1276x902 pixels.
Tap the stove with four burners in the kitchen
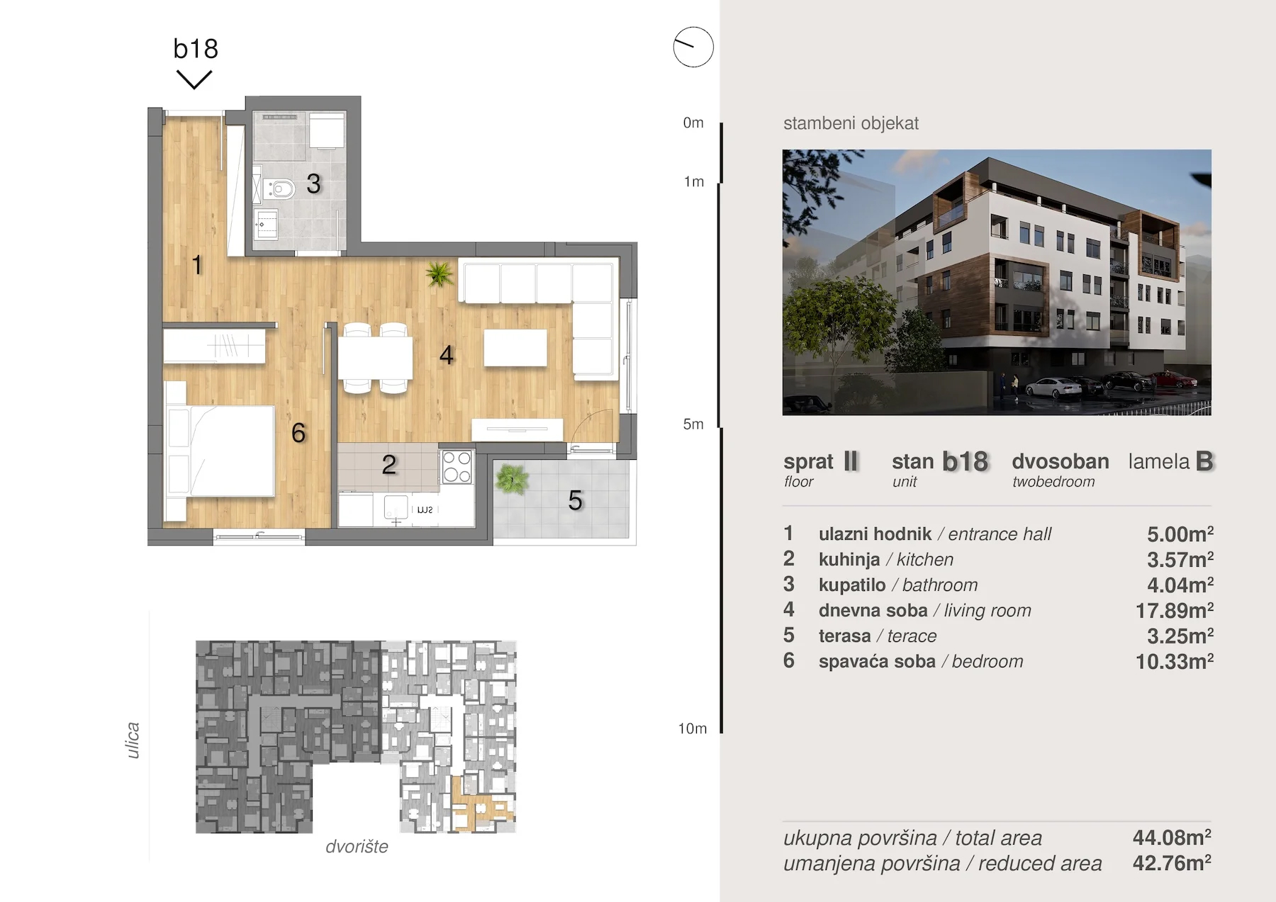click(x=457, y=466)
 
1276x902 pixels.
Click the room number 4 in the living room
click(x=446, y=354)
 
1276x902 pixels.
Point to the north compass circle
click(x=693, y=47)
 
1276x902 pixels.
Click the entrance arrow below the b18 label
click(x=194, y=79)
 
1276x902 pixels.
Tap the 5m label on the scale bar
click(x=693, y=424)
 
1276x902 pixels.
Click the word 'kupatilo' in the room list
click(x=852, y=585)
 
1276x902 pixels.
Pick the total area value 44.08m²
click(x=1172, y=838)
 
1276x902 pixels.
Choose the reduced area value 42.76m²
click(x=1172, y=863)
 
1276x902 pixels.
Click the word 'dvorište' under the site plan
click(x=357, y=847)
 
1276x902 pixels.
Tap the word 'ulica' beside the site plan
click(x=133, y=740)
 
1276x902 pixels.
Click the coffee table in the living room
click(x=515, y=348)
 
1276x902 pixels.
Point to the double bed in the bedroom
click(x=219, y=451)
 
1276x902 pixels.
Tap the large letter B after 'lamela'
click(x=1204, y=461)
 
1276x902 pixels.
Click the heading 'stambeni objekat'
click(x=851, y=123)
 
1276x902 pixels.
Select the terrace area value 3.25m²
click(x=1180, y=636)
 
